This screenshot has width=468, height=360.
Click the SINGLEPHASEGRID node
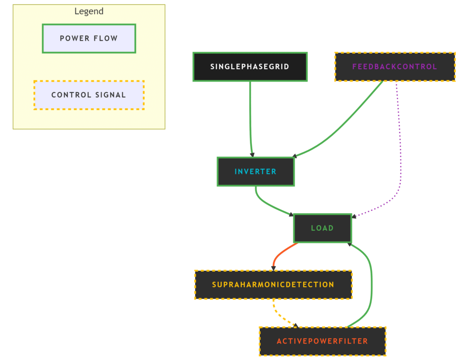250,67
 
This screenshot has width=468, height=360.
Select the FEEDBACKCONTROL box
395,67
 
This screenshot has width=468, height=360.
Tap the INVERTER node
255,172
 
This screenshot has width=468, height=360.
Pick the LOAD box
322,228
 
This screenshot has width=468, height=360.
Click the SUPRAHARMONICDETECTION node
273,285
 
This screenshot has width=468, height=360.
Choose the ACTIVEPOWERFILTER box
322,341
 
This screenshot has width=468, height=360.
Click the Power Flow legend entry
89,38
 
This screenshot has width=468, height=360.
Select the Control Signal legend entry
89,95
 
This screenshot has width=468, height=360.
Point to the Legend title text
89,11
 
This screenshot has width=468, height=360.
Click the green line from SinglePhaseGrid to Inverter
250,119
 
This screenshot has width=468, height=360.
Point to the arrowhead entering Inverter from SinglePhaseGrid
252,155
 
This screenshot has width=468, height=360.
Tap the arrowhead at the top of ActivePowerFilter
296,325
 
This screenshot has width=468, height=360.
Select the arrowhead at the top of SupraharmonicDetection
273,268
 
